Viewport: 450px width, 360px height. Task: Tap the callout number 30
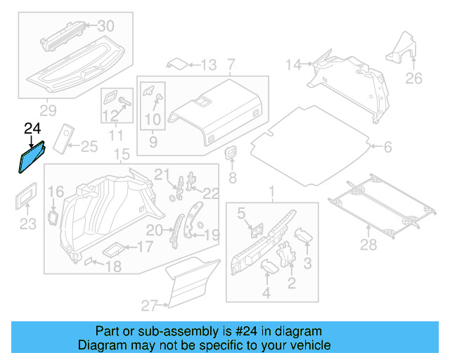pyautogui.click(x=105, y=26)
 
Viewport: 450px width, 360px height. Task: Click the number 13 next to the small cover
pyautogui.click(x=208, y=65)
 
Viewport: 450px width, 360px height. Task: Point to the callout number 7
pyautogui.click(x=231, y=65)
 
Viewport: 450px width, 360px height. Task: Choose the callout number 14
pyautogui.click(x=293, y=65)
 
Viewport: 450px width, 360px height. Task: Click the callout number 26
pyautogui.click(x=414, y=78)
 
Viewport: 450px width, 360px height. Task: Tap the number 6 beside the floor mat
pyautogui.click(x=387, y=147)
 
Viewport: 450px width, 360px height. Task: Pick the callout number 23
pyautogui.click(x=27, y=224)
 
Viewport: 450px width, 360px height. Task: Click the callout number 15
pyautogui.click(x=122, y=154)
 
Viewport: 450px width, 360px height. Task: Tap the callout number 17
pyautogui.click(x=144, y=247)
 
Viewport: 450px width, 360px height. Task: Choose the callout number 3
pyautogui.click(x=307, y=263)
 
